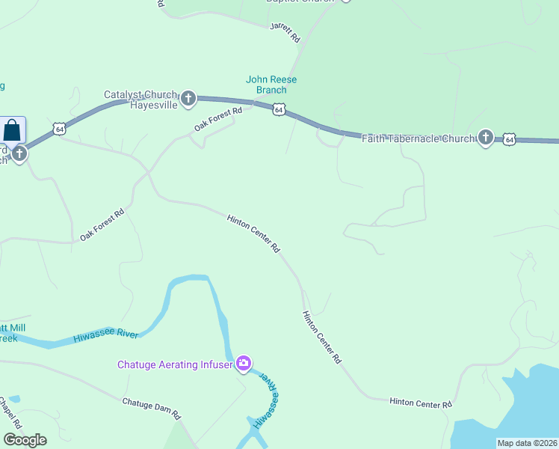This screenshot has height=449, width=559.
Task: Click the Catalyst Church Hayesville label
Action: click(140, 100)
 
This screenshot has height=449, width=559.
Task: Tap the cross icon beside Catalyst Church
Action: click(188, 97)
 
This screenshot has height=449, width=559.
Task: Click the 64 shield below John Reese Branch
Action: click(278, 110)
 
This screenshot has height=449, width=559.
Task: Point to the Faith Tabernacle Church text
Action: click(418, 138)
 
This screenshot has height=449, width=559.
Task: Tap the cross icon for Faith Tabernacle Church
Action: click(486, 137)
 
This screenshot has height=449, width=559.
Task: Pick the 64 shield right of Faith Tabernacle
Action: click(509, 139)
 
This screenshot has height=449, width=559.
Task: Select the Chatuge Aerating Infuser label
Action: click(175, 364)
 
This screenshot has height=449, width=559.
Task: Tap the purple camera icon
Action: click(243, 364)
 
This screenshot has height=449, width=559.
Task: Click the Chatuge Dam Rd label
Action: click(152, 408)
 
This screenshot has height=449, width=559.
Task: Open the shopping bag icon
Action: click(13, 129)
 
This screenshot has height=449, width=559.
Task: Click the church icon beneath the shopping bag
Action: click(19, 154)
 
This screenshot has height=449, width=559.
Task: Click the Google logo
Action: click(25, 440)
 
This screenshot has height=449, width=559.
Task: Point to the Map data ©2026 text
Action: click(526, 443)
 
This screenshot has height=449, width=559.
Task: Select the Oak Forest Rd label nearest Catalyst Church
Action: click(218, 120)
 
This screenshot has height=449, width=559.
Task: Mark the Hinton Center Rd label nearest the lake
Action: click(421, 403)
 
